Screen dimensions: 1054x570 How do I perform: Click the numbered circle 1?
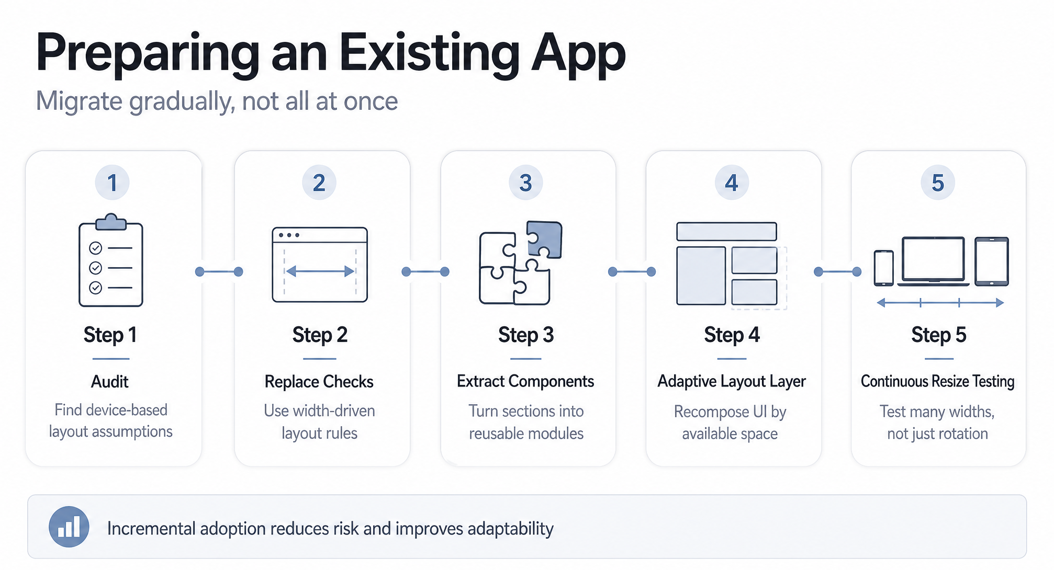[x=112, y=183]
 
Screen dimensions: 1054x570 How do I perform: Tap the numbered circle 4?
[x=732, y=183]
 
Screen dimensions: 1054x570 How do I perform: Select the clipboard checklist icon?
[x=110, y=260]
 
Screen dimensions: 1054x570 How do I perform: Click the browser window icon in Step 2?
[x=320, y=265]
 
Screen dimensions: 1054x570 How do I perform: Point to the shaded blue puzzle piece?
[x=544, y=239]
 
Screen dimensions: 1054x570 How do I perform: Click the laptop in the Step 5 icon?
[x=933, y=261]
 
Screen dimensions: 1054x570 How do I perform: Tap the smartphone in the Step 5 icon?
[x=884, y=268]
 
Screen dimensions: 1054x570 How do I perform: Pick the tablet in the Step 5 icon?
[x=992, y=261]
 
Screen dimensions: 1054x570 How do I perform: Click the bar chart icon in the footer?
[x=69, y=527]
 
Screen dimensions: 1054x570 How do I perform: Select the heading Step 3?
[x=526, y=335]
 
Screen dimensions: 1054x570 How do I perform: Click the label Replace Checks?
[x=319, y=382]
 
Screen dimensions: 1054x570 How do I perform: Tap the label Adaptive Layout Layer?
[x=732, y=382]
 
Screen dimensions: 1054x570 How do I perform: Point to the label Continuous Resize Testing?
[x=938, y=382]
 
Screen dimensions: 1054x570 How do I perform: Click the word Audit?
[x=110, y=382]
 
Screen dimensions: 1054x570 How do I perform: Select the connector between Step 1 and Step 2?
[x=219, y=271]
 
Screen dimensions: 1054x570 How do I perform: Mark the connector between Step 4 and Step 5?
[x=837, y=271]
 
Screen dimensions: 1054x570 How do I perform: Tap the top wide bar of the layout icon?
[x=726, y=232]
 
